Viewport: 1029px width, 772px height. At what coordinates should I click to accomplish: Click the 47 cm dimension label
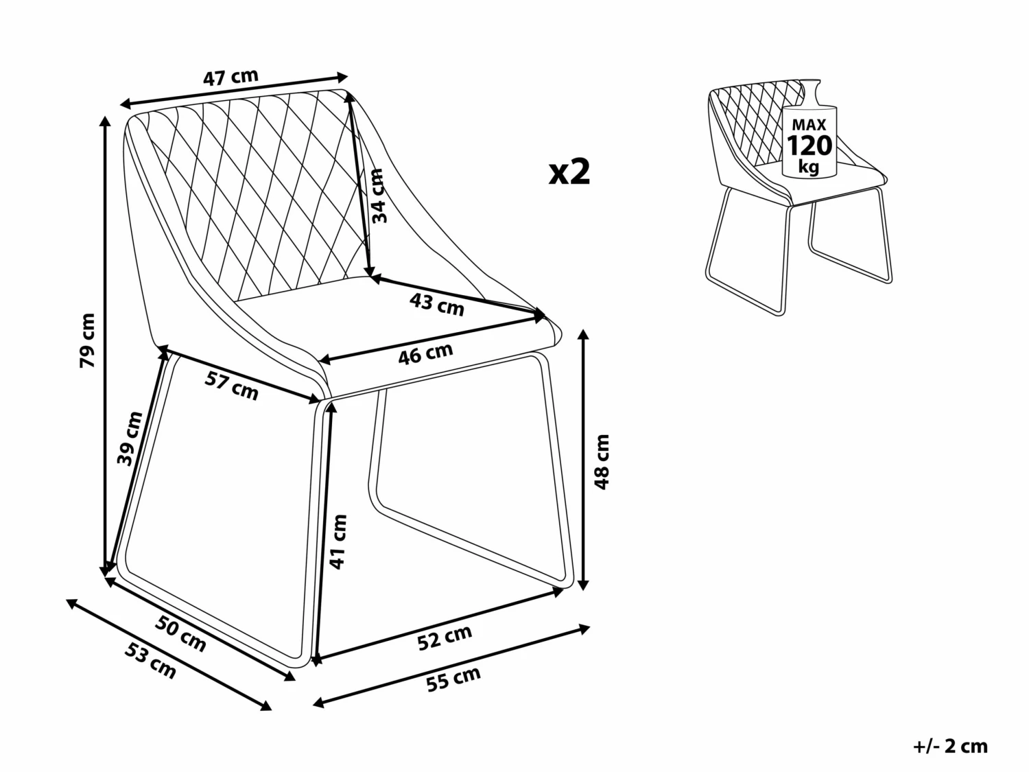230,78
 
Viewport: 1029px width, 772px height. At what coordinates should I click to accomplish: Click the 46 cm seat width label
426,354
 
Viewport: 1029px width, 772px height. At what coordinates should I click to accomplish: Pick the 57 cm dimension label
232,387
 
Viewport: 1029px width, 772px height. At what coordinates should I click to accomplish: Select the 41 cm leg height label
338,541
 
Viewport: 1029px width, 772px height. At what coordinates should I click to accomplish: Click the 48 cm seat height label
602,461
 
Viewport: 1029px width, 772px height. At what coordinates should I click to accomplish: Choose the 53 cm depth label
151,661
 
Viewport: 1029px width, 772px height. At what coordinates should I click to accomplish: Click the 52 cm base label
445,638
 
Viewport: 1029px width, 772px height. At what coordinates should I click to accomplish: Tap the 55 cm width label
453,679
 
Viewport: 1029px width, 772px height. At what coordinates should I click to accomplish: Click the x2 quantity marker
569,172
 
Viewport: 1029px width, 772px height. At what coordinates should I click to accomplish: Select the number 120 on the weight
809,146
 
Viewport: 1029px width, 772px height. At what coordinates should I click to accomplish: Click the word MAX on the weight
809,125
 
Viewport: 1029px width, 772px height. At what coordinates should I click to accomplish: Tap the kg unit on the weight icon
809,167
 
